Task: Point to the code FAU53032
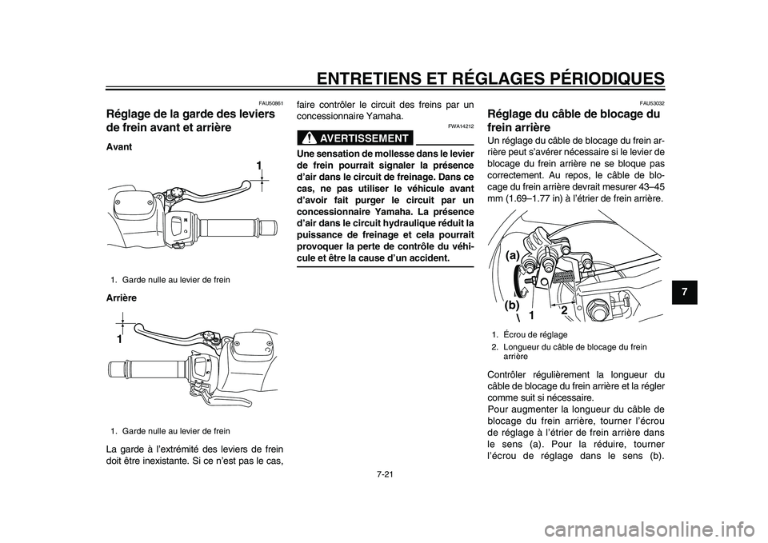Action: coord(650,104)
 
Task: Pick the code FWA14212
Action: coord(461,126)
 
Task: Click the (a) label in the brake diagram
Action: coord(513,254)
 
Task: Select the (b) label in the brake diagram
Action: coord(513,305)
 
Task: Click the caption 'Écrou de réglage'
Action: coord(534,334)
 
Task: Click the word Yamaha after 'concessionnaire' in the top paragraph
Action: coord(374,116)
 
